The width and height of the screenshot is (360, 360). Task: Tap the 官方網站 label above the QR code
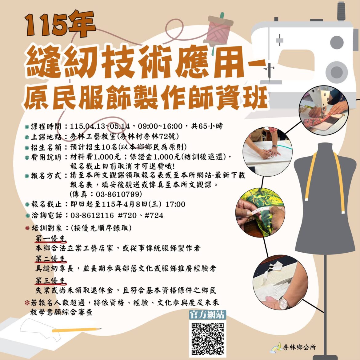tap(208, 315)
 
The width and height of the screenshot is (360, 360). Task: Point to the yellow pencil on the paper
tap(77, 330)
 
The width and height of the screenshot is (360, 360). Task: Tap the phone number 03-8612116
tap(92, 215)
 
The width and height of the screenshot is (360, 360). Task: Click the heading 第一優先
tap(51, 239)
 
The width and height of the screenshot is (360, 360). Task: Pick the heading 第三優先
tap(51, 281)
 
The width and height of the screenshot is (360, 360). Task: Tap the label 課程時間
tap(48, 126)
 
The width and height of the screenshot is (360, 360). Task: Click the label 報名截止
tap(48, 205)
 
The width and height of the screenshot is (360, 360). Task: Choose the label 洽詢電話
tap(48, 215)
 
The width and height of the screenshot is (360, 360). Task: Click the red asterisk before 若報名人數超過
tap(27, 303)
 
